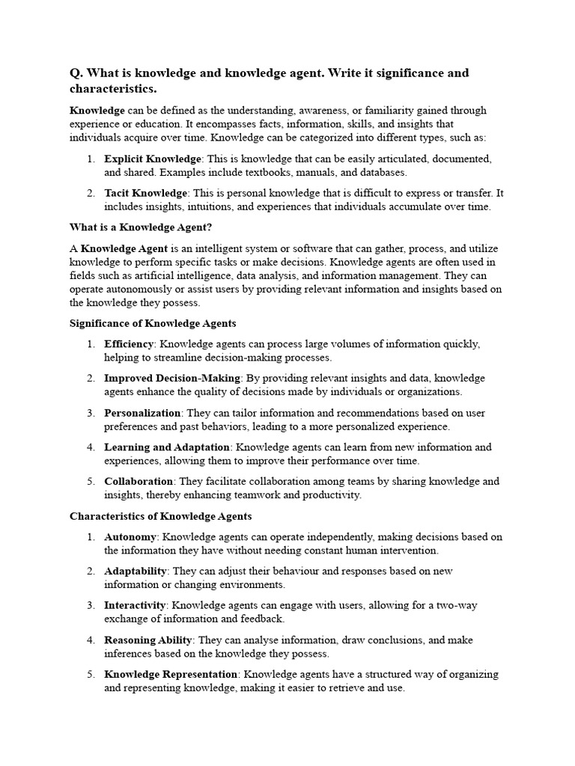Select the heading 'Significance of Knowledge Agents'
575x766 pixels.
pyautogui.click(x=153, y=323)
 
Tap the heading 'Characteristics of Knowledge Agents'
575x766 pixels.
pyautogui.click(x=161, y=516)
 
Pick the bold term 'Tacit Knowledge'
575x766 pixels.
pyautogui.click(x=145, y=193)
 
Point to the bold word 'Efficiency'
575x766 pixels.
pyautogui.click(x=129, y=344)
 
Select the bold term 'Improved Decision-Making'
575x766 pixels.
pyautogui.click(x=172, y=379)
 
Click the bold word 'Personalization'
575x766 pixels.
pyautogui.click(x=142, y=413)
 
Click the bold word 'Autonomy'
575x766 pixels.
pyautogui.click(x=130, y=537)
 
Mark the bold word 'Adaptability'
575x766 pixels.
pyautogui.click(x=136, y=572)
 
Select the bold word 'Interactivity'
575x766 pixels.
pyautogui.click(x=135, y=606)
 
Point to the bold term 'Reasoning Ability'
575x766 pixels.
pyautogui.click(x=148, y=640)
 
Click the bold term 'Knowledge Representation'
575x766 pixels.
pyautogui.click(x=171, y=675)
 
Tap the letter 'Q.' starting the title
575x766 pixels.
pyautogui.click(x=76, y=73)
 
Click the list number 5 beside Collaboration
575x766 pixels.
pyautogui.click(x=90, y=482)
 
